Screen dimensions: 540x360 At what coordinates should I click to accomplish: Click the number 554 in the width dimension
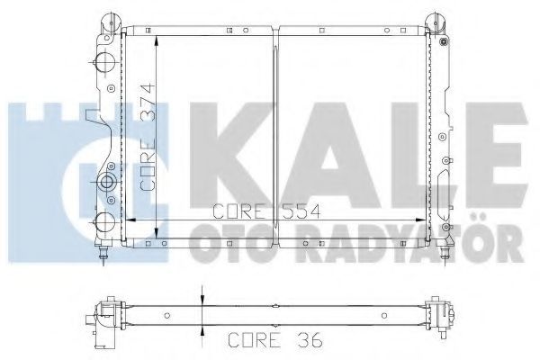[x=301, y=211]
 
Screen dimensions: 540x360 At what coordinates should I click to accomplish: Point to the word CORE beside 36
[x=254, y=340]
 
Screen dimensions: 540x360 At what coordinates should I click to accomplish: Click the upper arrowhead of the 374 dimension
[x=157, y=41]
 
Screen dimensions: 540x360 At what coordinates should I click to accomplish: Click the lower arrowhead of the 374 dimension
[x=157, y=232]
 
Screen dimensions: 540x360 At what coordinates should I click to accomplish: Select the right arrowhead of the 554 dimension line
[x=420, y=220]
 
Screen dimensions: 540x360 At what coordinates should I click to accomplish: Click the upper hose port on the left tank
[x=104, y=62]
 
